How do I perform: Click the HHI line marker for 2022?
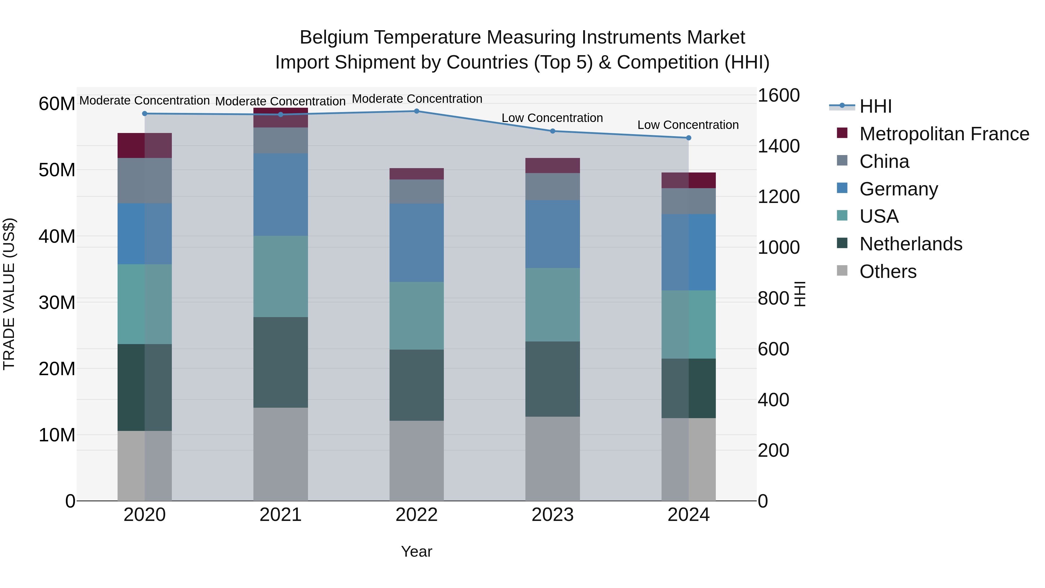click(416, 111)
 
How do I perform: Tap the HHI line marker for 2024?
click(689, 138)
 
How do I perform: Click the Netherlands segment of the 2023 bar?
click(552, 379)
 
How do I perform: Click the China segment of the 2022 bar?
click(416, 192)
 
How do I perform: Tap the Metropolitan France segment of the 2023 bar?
click(552, 166)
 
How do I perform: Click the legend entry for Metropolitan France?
click(944, 134)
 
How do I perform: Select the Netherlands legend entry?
click(910, 244)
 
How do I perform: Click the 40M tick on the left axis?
click(57, 236)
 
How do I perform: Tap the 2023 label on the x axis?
click(552, 515)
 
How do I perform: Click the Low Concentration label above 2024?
click(688, 125)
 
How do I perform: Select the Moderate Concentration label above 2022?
click(417, 99)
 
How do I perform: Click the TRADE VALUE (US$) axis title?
click(9, 294)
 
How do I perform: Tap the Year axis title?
click(416, 551)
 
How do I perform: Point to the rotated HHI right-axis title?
click(799, 294)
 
